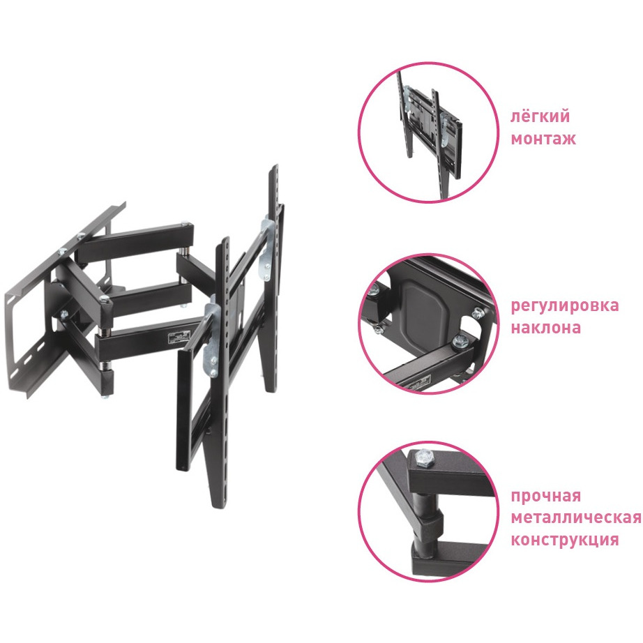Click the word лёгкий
coord(540,116)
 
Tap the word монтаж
coord(543,139)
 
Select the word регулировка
coord(565,306)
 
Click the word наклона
coord(546,328)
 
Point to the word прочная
coord(546,496)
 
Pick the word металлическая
coord(576,518)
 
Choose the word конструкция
coord(565,540)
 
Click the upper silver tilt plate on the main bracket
coord(266,250)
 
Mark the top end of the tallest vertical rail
coord(273,167)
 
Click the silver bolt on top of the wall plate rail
coord(81,236)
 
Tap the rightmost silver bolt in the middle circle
coord(477,314)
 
